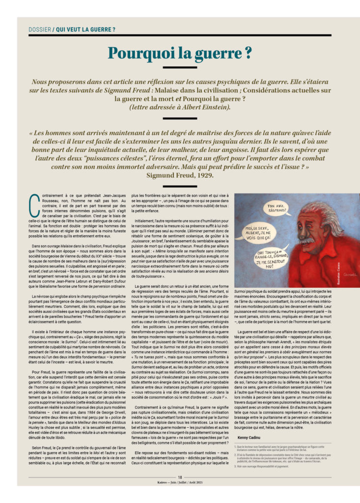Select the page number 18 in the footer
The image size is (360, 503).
click(x=180, y=476)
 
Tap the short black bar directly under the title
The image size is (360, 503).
click(x=179, y=67)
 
